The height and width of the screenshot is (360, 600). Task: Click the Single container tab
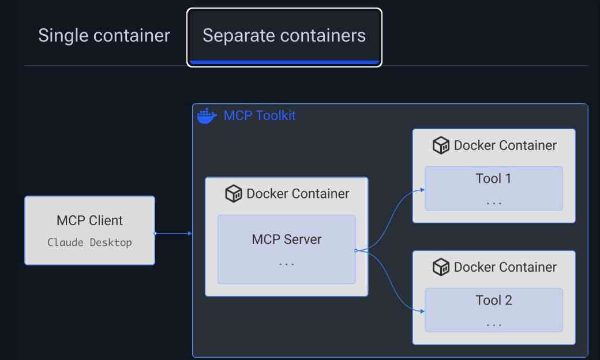tap(104, 36)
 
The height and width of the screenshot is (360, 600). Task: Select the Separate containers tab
tap(284, 36)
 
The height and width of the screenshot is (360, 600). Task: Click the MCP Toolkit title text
tap(260, 115)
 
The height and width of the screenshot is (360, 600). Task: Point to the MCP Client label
tap(89, 220)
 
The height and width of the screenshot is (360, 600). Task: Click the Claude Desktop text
tap(89, 242)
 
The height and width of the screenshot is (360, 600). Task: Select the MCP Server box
tap(286, 249)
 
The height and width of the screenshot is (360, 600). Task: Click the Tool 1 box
tap(494, 188)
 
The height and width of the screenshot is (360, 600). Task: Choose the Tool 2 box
tap(494, 310)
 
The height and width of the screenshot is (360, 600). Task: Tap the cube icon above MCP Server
tap(234, 194)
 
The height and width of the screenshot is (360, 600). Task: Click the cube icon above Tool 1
tap(441, 145)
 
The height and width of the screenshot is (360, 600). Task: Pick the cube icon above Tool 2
tap(441, 267)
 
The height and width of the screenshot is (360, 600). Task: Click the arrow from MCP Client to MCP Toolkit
tap(173, 233)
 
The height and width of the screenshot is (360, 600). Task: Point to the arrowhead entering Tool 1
tap(422, 189)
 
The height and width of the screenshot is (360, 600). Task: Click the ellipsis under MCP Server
tap(286, 264)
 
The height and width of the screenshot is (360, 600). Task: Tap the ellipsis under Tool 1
tap(494, 203)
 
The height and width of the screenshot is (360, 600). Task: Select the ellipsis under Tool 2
tap(494, 325)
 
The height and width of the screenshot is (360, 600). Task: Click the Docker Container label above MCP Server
tap(298, 194)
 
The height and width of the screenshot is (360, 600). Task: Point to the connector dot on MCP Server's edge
tap(356, 250)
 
